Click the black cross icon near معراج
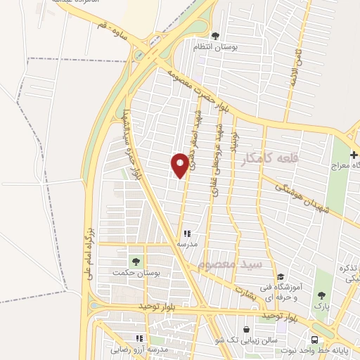click(353, 155)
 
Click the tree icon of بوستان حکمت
click(136, 261)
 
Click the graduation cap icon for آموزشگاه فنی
click(281, 276)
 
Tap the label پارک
click(321, 306)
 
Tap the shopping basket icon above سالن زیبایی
click(246, 329)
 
